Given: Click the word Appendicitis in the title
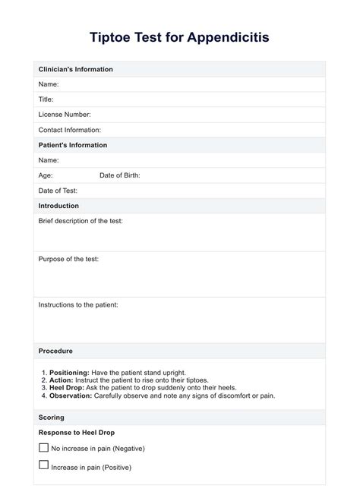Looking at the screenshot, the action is pyautogui.click(x=223, y=36).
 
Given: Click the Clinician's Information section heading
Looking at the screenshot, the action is pyautogui.click(x=75, y=69).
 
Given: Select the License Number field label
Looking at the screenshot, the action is pyautogui.click(x=65, y=115).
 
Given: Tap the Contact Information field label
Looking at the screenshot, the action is pyautogui.click(x=69, y=130).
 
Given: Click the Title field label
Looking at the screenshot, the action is pyautogui.click(x=46, y=99).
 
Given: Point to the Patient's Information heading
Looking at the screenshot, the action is pyautogui.click(x=72, y=145).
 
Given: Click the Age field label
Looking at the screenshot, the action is pyautogui.click(x=46, y=175).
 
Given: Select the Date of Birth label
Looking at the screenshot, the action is pyautogui.click(x=119, y=175).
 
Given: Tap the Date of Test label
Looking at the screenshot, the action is pyautogui.click(x=58, y=191).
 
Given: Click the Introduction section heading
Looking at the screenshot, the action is pyautogui.click(x=58, y=206).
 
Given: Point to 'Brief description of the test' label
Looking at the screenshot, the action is pyautogui.click(x=81, y=221).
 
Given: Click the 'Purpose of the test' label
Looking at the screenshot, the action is pyautogui.click(x=68, y=259).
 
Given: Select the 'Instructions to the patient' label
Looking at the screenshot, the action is pyautogui.click(x=78, y=304).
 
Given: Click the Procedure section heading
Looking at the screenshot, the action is pyautogui.click(x=55, y=351).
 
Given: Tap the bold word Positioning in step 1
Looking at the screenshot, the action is pyautogui.click(x=69, y=373).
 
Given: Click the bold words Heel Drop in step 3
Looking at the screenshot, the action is pyautogui.click(x=66, y=388).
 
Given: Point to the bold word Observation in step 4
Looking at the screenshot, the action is pyautogui.click(x=71, y=396).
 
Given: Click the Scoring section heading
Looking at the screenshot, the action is pyautogui.click(x=51, y=418).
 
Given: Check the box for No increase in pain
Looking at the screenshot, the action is pyautogui.click(x=43, y=448).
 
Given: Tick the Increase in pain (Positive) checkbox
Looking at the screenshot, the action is pyautogui.click(x=43, y=465).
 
